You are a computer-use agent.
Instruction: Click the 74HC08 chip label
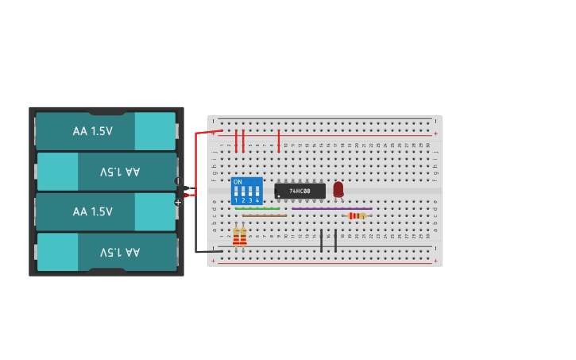point(300,192)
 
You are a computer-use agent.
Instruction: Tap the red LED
point(338,188)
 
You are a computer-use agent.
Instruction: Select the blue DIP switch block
point(246,191)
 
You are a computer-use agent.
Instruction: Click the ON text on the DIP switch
point(238,182)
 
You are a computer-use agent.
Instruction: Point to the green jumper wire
point(257,209)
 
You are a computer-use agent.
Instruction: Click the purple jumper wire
point(331,209)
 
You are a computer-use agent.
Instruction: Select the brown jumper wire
point(265,215)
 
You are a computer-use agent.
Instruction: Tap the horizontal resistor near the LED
point(357,215)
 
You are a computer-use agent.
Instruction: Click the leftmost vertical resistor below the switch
point(236,237)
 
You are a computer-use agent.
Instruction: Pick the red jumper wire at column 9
point(278,141)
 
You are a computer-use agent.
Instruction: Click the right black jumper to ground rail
point(335,240)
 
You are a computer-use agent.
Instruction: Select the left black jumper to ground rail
point(321,240)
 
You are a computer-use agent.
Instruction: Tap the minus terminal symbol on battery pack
point(177,181)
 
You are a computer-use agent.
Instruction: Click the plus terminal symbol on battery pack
point(177,203)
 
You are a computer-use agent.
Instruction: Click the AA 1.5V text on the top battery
point(93,131)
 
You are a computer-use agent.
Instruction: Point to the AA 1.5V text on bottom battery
point(120,252)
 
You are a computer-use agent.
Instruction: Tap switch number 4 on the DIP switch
point(257,200)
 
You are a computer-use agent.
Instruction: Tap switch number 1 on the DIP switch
point(236,200)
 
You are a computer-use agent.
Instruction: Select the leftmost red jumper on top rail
point(236,141)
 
